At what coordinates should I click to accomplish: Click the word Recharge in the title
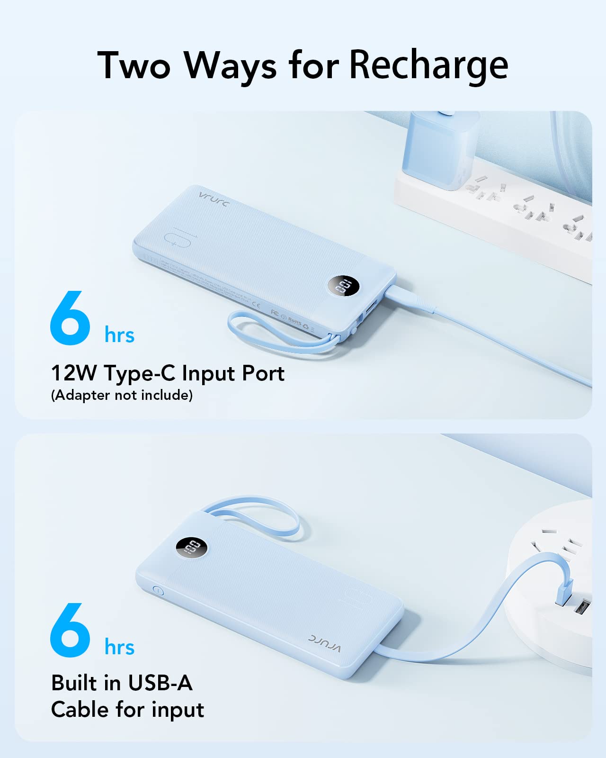point(428,65)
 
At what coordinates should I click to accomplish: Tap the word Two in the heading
point(134,65)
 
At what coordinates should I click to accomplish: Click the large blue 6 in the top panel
point(70,318)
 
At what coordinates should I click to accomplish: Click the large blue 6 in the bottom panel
point(70,631)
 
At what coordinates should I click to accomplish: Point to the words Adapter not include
point(122,395)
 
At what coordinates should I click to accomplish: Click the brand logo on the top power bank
point(214,199)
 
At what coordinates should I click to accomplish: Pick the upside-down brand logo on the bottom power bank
point(325,643)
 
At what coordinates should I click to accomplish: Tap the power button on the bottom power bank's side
point(158,591)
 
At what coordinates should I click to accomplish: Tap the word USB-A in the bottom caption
point(160,683)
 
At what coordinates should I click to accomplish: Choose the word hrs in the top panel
point(119,335)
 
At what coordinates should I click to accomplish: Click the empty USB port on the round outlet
point(582,608)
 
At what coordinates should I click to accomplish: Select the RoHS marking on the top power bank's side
point(295,321)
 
